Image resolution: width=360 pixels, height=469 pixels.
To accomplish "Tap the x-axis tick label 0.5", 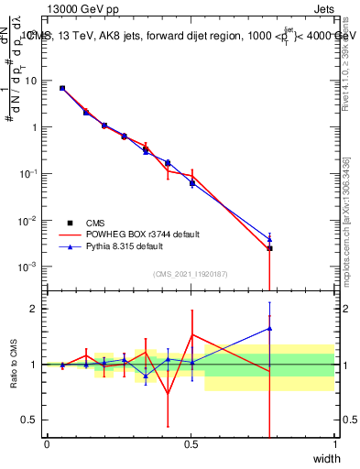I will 191,444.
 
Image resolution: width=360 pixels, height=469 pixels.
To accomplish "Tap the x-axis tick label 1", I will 334,444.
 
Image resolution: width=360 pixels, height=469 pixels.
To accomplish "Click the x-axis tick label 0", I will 47,444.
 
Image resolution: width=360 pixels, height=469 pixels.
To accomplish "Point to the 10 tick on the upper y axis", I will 32,81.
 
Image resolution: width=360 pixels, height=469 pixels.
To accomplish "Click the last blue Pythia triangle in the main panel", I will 269,238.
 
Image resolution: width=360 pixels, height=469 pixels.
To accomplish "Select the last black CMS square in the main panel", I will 269,248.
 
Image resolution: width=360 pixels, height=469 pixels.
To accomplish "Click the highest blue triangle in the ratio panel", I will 269,328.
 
